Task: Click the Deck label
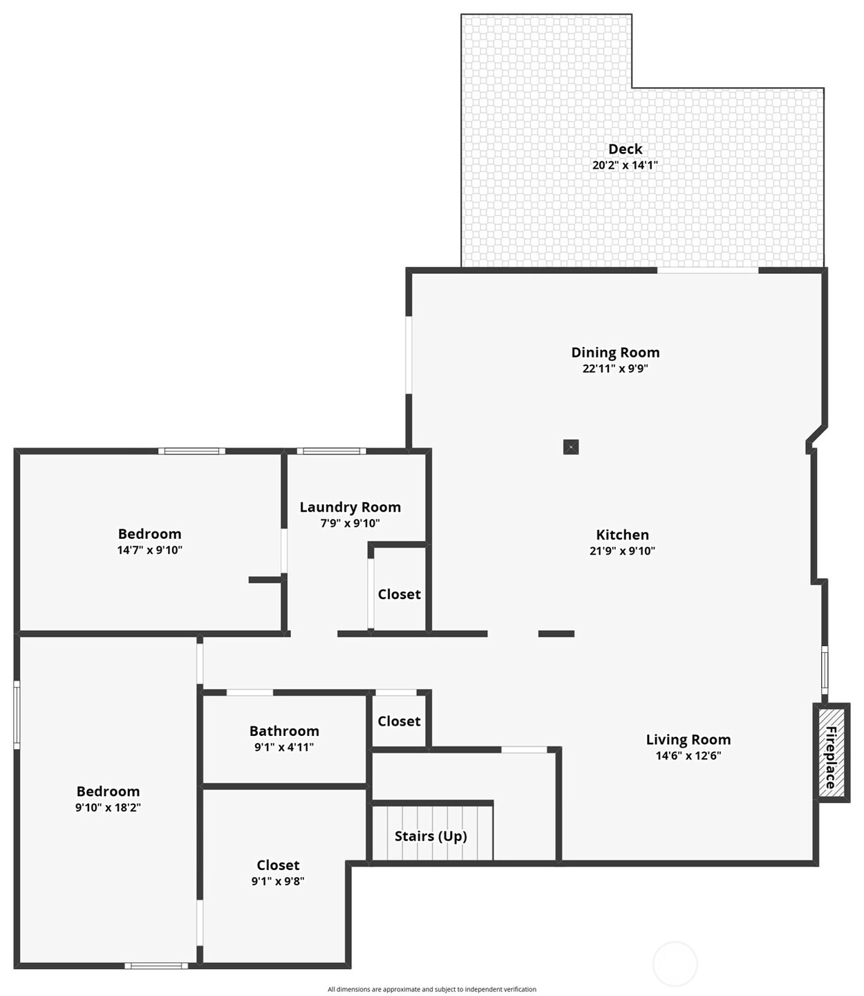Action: point(625,149)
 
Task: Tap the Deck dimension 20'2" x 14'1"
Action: point(625,165)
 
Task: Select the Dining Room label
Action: point(615,353)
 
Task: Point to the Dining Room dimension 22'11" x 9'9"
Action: point(615,369)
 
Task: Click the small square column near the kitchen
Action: point(571,447)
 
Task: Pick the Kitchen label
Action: point(622,535)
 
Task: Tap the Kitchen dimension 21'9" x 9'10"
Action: point(622,551)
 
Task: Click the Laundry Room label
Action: point(350,507)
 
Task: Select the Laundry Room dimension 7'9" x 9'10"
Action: point(350,524)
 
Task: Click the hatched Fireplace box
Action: point(832,758)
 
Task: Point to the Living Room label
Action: point(688,739)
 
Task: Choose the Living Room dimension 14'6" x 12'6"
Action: point(688,755)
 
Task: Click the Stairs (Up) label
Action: point(431,836)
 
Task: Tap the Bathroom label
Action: point(284,730)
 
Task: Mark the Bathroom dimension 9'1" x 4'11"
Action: point(284,747)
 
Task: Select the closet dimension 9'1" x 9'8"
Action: point(278,880)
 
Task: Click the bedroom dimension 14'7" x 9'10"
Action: point(149,550)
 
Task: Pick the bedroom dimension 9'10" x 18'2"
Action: point(108,807)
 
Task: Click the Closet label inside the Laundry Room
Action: point(399,594)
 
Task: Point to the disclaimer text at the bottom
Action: point(431,988)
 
